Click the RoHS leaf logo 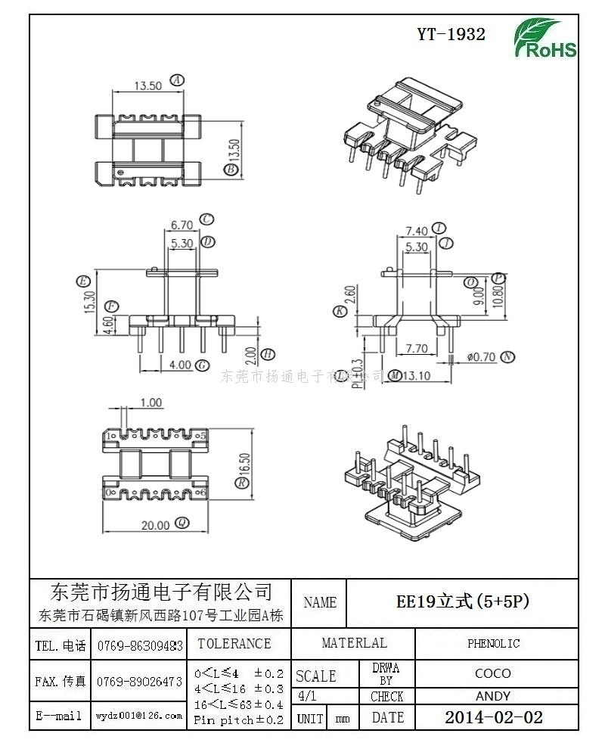(x=544, y=38)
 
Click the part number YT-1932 (x=451, y=34)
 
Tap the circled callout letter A (x=177, y=79)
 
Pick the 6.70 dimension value (x=181, y=225)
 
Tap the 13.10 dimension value (x=417, y=375)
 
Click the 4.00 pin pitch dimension (x=180, y=365)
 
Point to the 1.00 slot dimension (x=151, y=402)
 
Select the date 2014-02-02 (x=493, y=717)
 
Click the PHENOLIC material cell (x=493, y=644)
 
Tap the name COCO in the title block (x=493, y=673)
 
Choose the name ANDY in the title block (x=493, y=696)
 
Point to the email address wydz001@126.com (x=139, y=715)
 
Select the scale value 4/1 (x=308, y=696)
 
